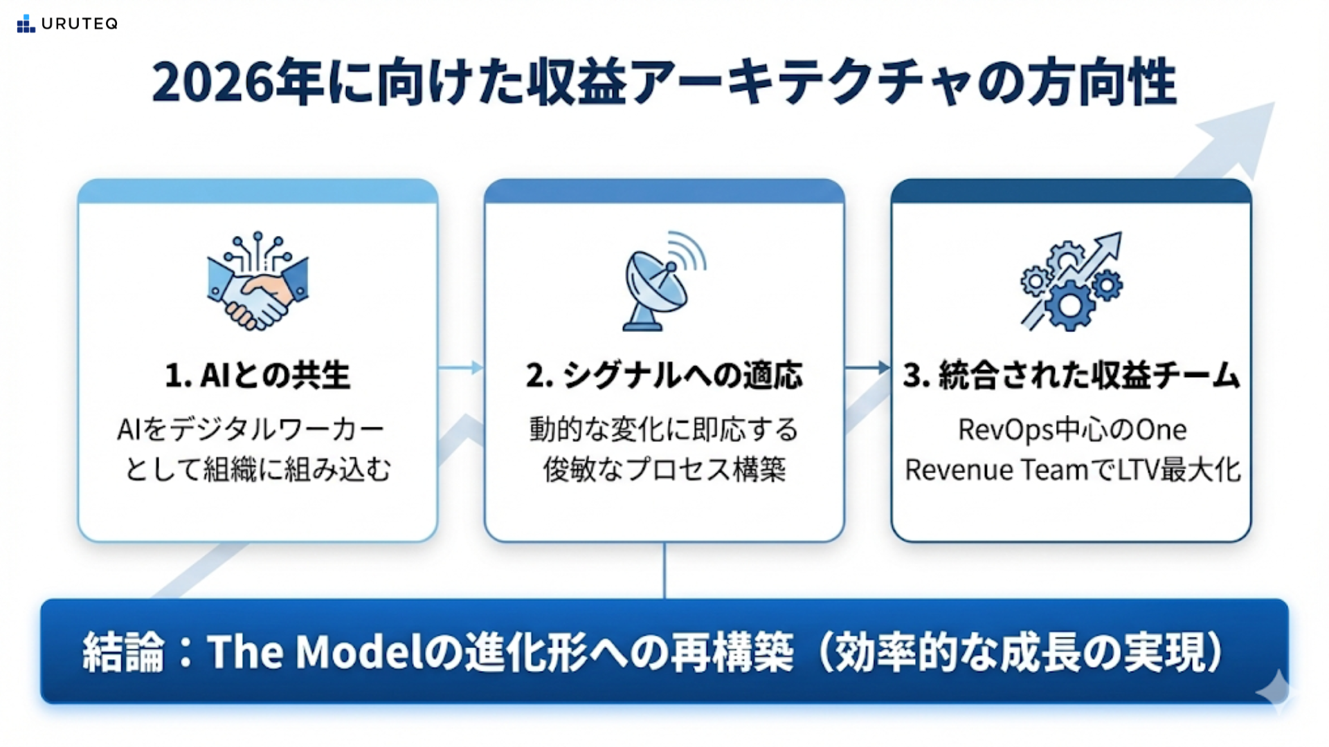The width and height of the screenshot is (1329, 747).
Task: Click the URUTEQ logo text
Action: (x=79, y=24)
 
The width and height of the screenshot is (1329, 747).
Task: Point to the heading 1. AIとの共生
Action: (x=257, y=376)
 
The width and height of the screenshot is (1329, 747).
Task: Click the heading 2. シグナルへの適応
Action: (x=664, y=376)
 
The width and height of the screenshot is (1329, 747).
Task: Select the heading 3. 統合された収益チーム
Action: (x=1071, y=376)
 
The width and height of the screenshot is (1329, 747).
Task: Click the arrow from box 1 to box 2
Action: (x=461, y=367)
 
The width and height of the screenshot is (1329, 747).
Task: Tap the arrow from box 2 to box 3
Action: (x=867, y=367)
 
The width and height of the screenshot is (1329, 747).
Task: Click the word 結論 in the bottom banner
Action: (x=123, y=652)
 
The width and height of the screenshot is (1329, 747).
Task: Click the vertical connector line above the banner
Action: (x=664, y=571)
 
